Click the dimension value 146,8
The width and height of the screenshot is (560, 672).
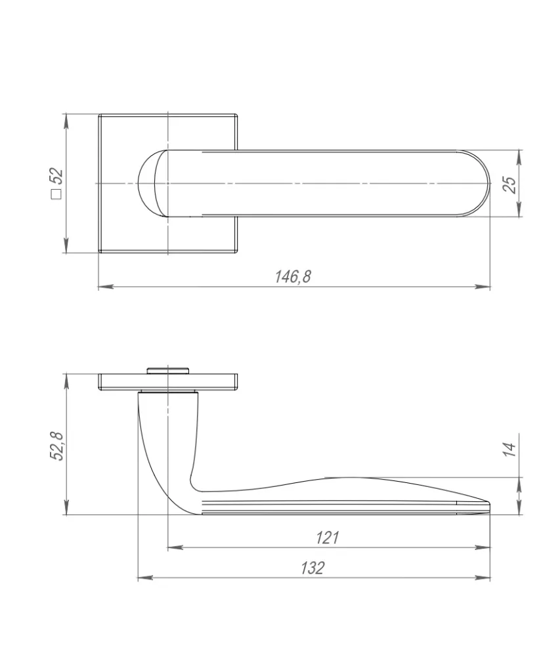(x=293, y=276)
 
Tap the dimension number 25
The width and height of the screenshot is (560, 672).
(x=510, y=184)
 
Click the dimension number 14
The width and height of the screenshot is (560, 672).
(x=509, y=449)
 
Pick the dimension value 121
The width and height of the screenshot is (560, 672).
(x=327, y=537)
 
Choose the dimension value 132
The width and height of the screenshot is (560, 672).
(x=312, y=568)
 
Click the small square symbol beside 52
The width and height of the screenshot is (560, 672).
(x=56, y=194)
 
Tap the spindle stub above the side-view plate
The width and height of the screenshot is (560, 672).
(x=167, y=370)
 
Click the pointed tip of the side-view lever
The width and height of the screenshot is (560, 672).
(x=489, y=502)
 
